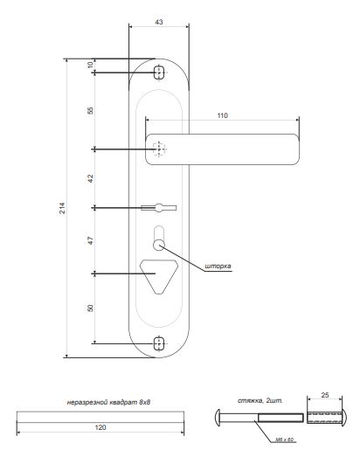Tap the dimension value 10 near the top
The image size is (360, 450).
(x=90, y=66)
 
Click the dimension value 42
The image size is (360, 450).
(x=90, y=178)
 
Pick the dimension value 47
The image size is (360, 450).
(x=90, y=241)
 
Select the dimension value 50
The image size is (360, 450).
(x=90, y=308)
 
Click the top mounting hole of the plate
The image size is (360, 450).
(x=158, y=71)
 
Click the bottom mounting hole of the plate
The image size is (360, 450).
(x=158, y=343)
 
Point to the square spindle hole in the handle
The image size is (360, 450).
(x=158, y=149)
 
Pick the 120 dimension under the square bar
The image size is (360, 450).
(x=100, y=428)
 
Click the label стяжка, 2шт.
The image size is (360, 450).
(x=260, y=400)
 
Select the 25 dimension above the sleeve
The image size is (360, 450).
(x=325, y=396)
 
